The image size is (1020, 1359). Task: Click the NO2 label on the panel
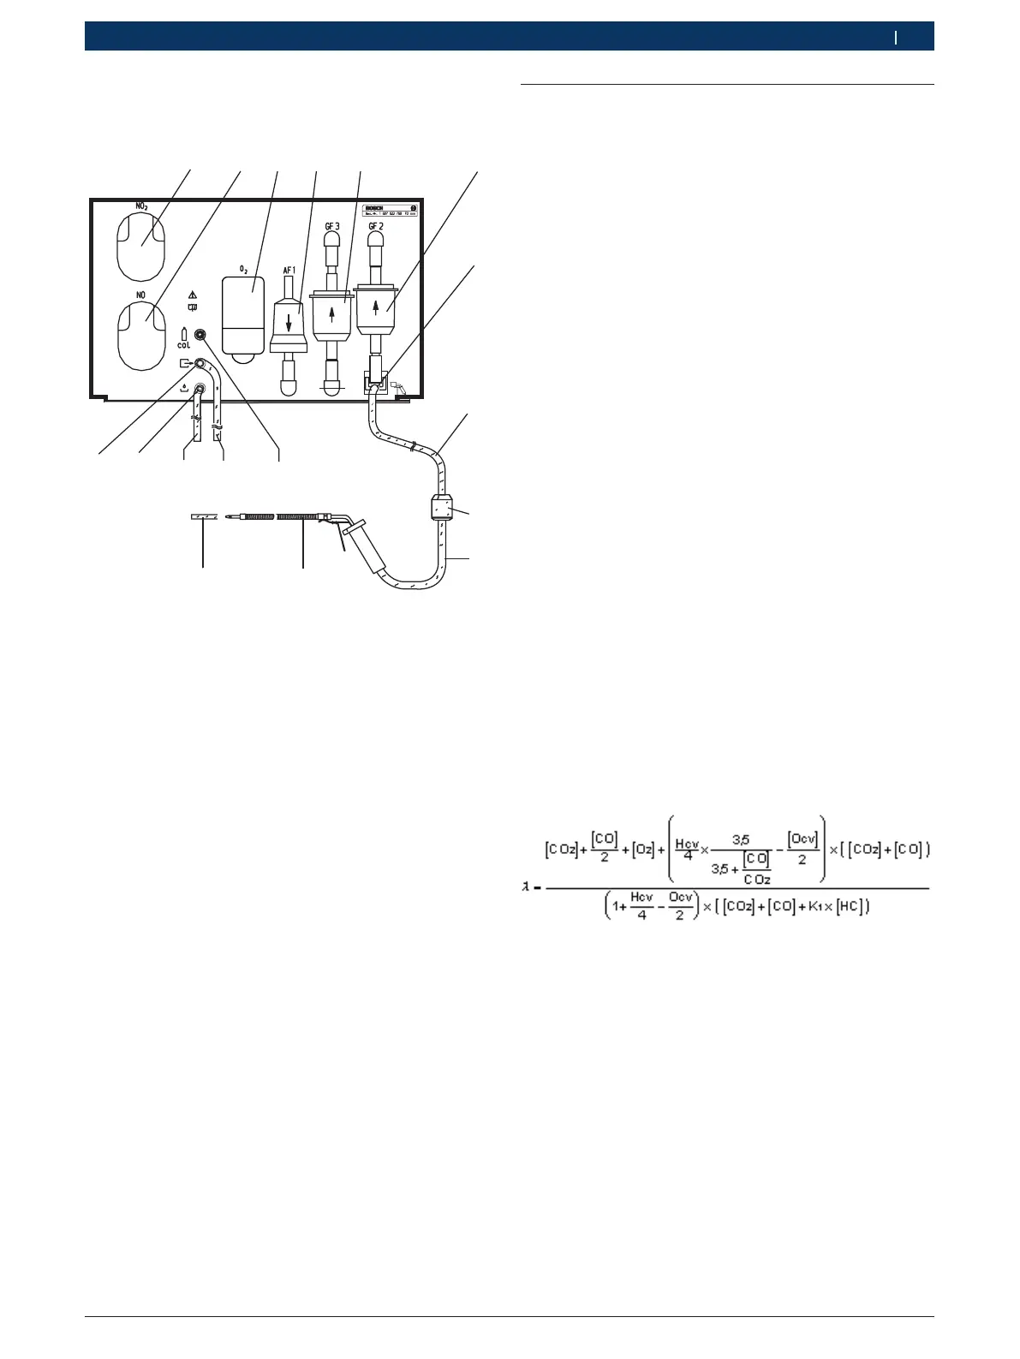[142, 206]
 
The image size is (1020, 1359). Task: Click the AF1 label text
[289, 270]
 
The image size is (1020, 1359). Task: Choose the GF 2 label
[375, 226]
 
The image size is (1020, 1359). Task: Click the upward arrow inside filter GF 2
[375, 307]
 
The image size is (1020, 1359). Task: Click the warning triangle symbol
[192, 295]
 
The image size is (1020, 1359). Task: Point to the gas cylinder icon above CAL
[184, 333]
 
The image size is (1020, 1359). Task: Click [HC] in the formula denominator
[850, 906]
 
